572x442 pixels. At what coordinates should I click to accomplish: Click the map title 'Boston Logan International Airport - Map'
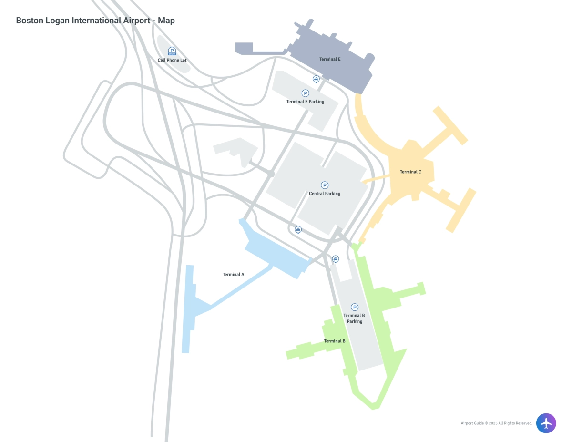[95, 21]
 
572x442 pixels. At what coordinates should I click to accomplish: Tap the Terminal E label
[330, 60]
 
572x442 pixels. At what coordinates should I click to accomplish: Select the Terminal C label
[410, 172]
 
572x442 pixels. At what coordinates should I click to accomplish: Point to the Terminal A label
[233, 274]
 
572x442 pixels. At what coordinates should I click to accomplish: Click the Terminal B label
[335, 341]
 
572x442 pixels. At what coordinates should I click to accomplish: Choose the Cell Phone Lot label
[172, 61]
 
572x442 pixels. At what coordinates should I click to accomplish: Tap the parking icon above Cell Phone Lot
[172, 51]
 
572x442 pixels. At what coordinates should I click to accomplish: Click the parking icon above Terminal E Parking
[306, 93]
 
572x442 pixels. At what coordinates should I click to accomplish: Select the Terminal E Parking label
[305, 102]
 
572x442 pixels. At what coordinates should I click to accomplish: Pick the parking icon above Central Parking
[325, 185]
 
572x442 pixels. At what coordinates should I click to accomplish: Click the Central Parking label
[325, 194]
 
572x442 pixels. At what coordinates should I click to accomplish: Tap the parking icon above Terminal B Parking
[355, 307]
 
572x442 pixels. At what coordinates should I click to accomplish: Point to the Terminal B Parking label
[354, 319]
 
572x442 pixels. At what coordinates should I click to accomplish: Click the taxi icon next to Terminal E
[316, 78]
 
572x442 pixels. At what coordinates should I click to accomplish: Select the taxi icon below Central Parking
[298, 229]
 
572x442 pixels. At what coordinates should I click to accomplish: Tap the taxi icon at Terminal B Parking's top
[336, 258]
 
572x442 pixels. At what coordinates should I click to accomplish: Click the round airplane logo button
[546, 422]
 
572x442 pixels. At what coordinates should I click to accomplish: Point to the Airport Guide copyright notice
[496, 423]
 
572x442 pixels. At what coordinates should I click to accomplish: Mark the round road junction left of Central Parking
[271, 174]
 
